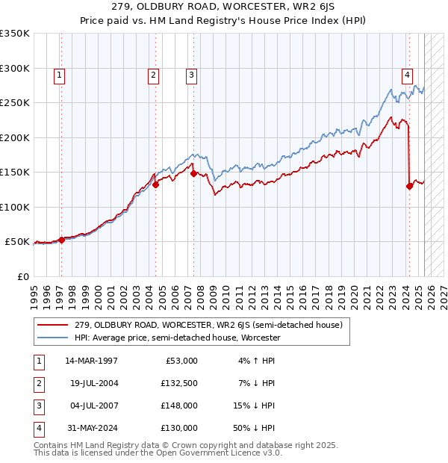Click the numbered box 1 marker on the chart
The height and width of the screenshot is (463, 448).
[x=58, y=75]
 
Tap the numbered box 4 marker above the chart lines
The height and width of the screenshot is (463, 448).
[x=407, y=75]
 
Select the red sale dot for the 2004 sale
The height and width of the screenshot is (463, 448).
[x=155, y=185]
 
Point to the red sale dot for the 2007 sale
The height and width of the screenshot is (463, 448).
[x=193, y=173]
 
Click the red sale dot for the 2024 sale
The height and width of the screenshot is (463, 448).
[x=409, y=186]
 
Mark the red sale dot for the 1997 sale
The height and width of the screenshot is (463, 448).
[x=62, y=240]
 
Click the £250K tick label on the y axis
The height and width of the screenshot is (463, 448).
[x=15, y=103]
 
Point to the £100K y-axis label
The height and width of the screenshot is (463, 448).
[x=15, y=207]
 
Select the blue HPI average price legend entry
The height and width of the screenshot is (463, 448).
[x=177, y=338]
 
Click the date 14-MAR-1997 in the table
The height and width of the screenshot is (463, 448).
[x=91, y=361]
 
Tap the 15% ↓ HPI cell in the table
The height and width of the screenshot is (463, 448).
[x=254, y=405]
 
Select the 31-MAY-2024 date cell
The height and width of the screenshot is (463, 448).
[x=91, y=428]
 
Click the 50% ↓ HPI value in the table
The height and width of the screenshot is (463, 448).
[x=254, y=428]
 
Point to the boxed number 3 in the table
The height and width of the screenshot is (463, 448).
[x=38, y=405]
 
